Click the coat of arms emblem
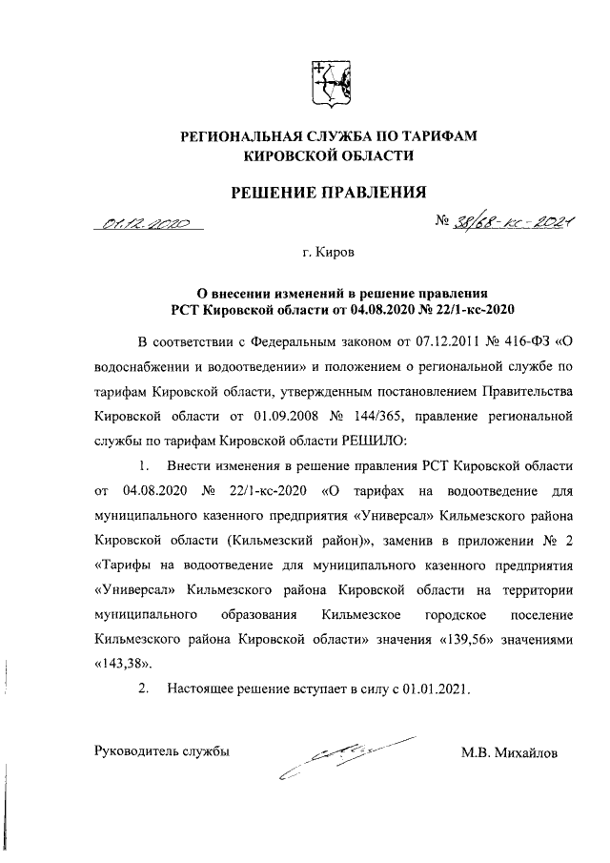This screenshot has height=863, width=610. pos(329,85)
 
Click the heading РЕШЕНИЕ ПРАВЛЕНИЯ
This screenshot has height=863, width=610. pos(329,193)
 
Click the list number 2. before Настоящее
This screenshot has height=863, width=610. pos(144,688)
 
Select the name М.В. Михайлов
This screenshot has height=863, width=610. pos(509,754)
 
